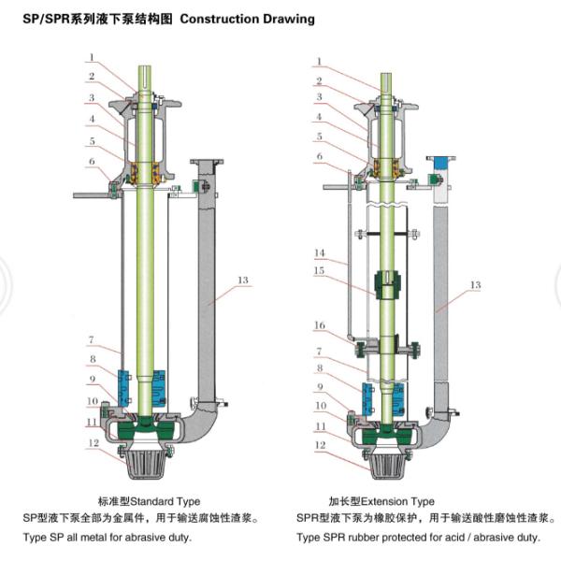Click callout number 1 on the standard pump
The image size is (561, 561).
[x=91, y=56]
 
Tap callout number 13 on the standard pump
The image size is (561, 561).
[x=244, y=280]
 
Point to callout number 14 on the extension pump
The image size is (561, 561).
[x=319, y=253]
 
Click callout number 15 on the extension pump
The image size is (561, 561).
[x=319, y=271]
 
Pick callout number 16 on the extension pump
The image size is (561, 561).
[x=319, y=325]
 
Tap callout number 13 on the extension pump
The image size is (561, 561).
[x=475, y=285]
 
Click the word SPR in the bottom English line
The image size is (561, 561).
[x=342, y=538]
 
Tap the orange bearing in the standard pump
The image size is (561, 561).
[x=145, y=174]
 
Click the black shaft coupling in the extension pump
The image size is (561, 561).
[x=385, y=283]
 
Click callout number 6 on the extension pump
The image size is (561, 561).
[x=319, y=156]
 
